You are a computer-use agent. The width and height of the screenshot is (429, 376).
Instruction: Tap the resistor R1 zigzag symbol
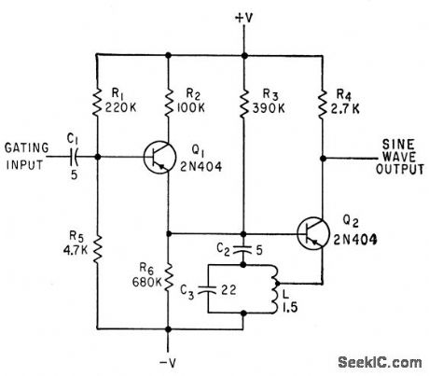pyautogui.click(x=98, y=100)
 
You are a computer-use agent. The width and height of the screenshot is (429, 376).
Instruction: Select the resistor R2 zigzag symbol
pyautogui.click(x=168, y=100)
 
